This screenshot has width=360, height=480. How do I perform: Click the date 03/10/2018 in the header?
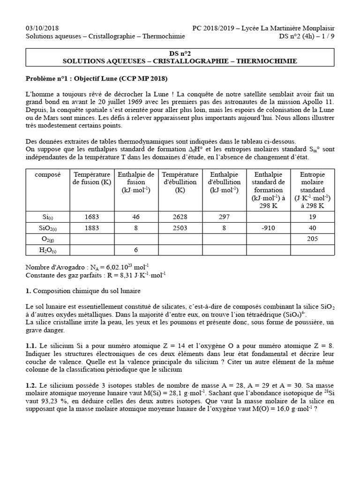pyautogui.click(x=42, y=28)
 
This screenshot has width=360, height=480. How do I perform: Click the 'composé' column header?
pyautogui.click(x=47, y=174)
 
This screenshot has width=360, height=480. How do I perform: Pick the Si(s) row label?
pyautogui.click(x=47, y=217)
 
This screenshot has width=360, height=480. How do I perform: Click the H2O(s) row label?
pyautogui.click(x=47, y=250)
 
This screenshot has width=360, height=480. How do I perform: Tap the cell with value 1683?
pyautogui.click(x=92, y=217)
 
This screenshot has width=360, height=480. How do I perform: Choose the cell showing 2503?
pyautogui.click(x=180, y=228)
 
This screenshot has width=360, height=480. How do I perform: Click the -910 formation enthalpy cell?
pyautogui.click(x=268, y=228)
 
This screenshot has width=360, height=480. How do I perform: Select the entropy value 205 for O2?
pyautogui.click(x=313, y=239)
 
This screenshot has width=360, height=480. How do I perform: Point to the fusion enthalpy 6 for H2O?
pyautogui.click(x=136, y=250)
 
